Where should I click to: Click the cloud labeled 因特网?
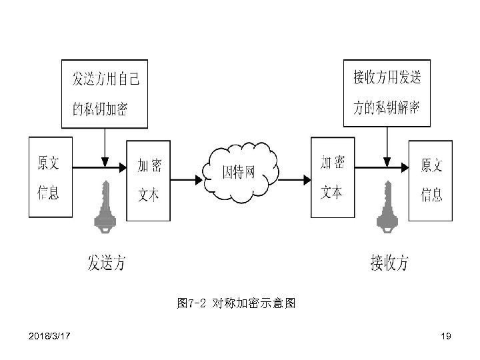click(x=241, y=173)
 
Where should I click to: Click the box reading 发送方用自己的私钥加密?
click(x=105, y=93)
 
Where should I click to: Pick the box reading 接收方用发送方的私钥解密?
click(x=387, y=93)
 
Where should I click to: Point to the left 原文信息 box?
click(x=50, y=177)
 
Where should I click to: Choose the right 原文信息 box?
click(x=429, y=179)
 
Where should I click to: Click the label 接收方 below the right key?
click(x=389, y=263)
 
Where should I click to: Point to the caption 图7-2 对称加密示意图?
click(x=236, y=304)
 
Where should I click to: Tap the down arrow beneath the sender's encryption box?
click(x=104, y=145)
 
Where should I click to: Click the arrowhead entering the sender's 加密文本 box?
click(x=123, y=167)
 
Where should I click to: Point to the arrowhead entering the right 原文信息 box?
click(x=405, y=167)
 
